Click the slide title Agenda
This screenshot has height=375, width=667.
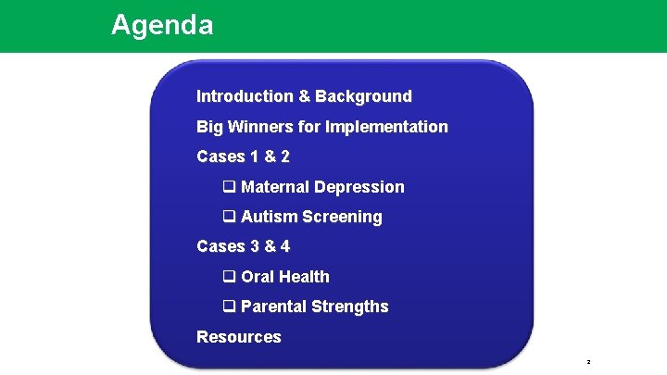click(162, 25)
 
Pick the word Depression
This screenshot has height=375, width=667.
click(359, 187)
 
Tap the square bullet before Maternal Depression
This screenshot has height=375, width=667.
click(228, 187)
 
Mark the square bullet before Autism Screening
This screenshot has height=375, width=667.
click(228, 217)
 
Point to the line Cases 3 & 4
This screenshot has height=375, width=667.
click(243, 246)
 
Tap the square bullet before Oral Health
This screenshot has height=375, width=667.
click(228, 277)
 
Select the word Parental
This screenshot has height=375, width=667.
click(274, 306)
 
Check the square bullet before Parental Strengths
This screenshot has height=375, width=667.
click(228, 306)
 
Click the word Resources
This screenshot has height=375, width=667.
click(238, 337)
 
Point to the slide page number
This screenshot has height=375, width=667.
click(588, 362)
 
